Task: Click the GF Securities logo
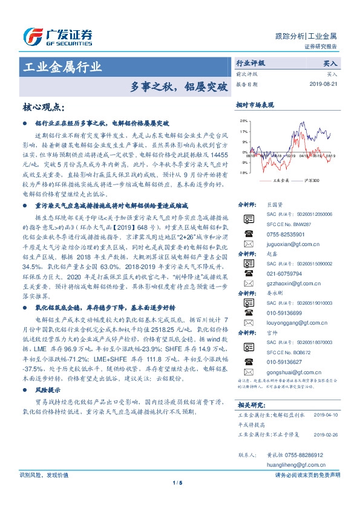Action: pos(57,36)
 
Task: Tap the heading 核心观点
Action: pos(44,107)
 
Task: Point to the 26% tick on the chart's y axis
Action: pos(243,121)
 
